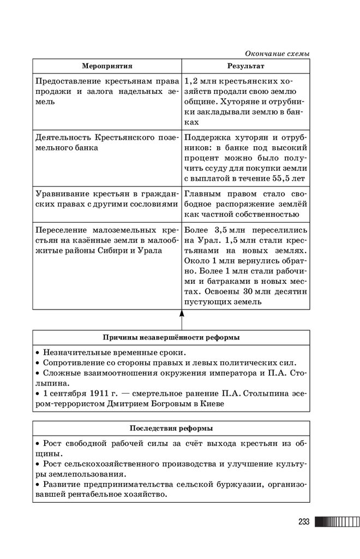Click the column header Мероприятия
[x=107, y=66]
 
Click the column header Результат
[x=246, y=66]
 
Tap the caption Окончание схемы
[x=277, y=53]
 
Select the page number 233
[x=304, y=522]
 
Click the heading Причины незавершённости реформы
[x=171, y=337]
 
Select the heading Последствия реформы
[x=171, y=427]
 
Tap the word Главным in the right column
[x=203, y=193]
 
